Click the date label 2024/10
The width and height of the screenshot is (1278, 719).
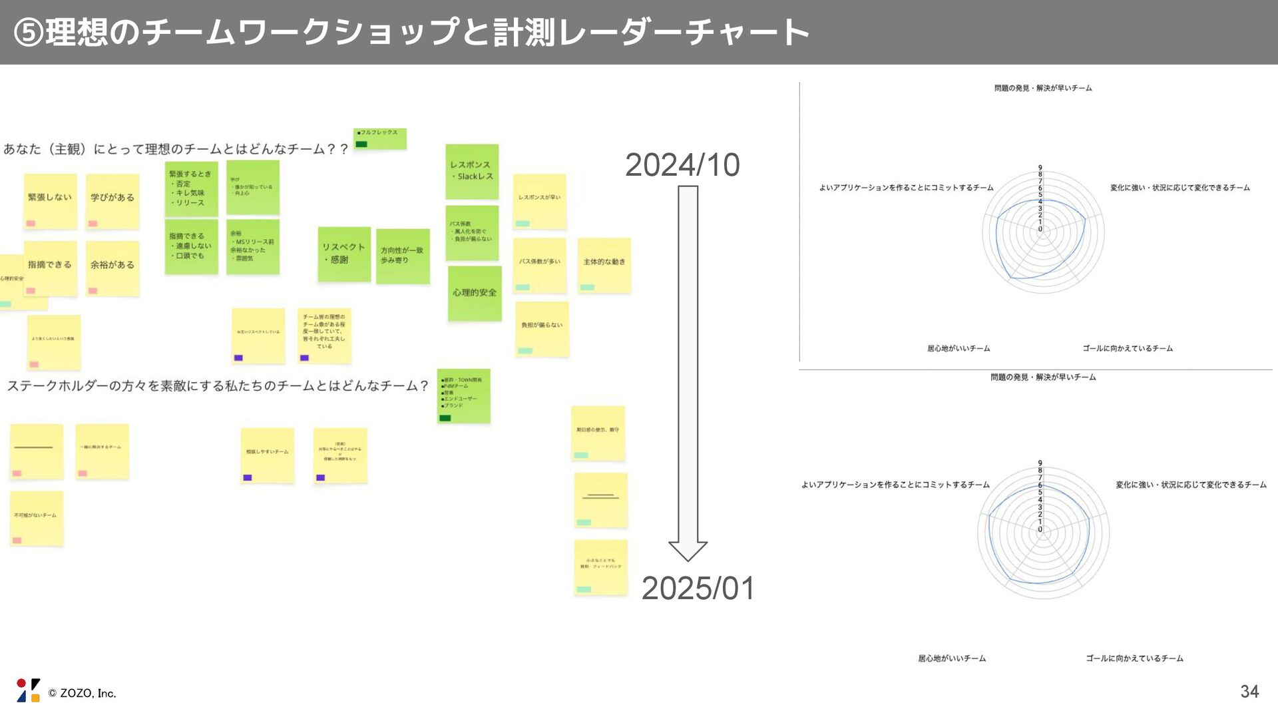point(682,165)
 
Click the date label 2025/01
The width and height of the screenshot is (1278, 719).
point(698,589)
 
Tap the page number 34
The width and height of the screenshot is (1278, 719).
point(1249,692)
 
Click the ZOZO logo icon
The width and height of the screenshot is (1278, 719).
point(28,690)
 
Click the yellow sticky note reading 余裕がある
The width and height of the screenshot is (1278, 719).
point(112,268)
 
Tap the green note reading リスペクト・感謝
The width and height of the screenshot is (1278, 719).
point(344,254)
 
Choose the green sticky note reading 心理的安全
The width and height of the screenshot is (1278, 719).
point(475,293)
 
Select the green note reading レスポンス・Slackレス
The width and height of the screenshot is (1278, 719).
point(472,171)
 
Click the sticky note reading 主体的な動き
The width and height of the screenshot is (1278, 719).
point(604,265)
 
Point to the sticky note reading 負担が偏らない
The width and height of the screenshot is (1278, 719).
point(542,328)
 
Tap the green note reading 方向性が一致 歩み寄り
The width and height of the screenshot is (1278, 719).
point(403,256)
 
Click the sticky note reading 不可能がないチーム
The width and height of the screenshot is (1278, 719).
point(36,518)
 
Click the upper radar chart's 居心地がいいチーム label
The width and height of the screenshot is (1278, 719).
point(958,348)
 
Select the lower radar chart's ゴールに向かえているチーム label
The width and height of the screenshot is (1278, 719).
point(1134,658)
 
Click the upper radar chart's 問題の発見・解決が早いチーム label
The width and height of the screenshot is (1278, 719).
point(1043,88)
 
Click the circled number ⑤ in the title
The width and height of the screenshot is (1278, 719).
point(29,33)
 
